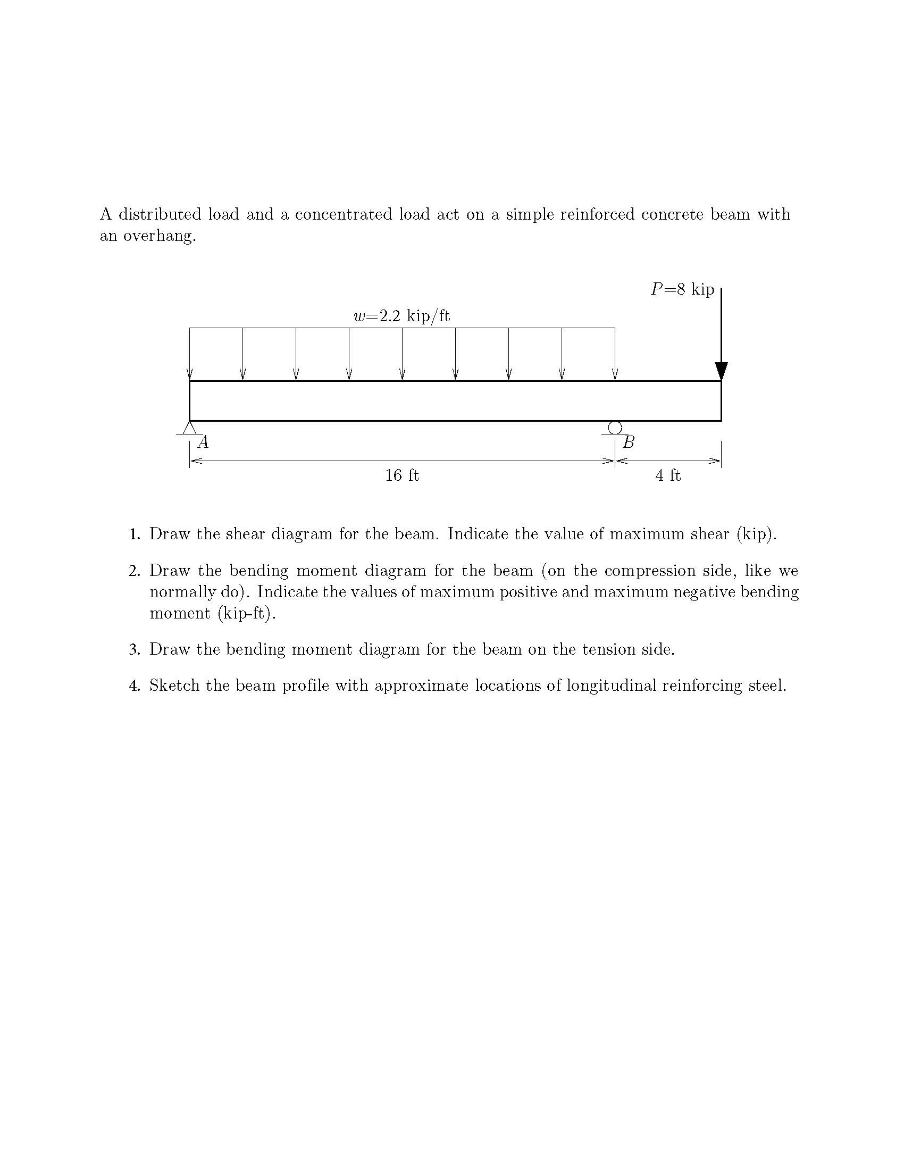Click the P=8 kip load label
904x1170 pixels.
coord(682,289)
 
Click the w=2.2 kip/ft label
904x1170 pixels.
coord(401,316)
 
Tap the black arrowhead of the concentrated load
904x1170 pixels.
coord(722,371)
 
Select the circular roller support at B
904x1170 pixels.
coord(615,428)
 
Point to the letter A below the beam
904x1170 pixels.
coord(203,442)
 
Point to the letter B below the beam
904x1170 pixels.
coord(629,442)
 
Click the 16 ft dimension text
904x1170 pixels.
coord(401,475)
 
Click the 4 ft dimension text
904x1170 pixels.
coord(668,475)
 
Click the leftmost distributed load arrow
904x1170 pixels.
coord(190,354)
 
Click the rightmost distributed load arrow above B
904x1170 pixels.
coord(615,354)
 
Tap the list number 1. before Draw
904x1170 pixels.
coord(135,534)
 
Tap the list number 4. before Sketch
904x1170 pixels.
coord(135,686)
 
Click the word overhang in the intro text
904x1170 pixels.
coord(159,236)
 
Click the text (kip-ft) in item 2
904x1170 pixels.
coord(247,613)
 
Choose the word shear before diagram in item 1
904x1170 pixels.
coord(245,534)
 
